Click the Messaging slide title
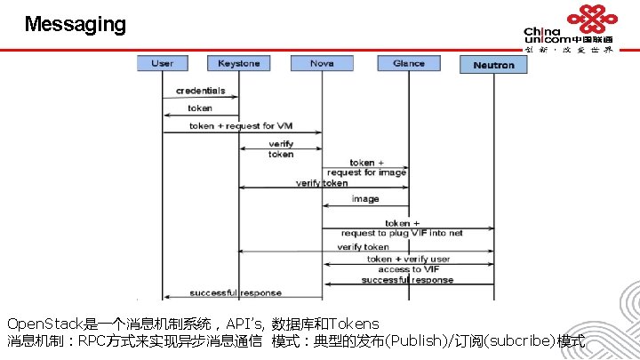(x=76, y=24)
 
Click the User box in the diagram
(x=162, y=64)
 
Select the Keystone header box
(x=239, y=64)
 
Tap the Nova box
(x=322, y=64)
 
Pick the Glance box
(x=408, y=64)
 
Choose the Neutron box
(x=493, y=65)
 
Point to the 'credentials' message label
(x=200, y=91)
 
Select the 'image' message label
(x=364, y=199)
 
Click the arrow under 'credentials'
(x=200, y=98)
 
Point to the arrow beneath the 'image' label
(x=364, y=205)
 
